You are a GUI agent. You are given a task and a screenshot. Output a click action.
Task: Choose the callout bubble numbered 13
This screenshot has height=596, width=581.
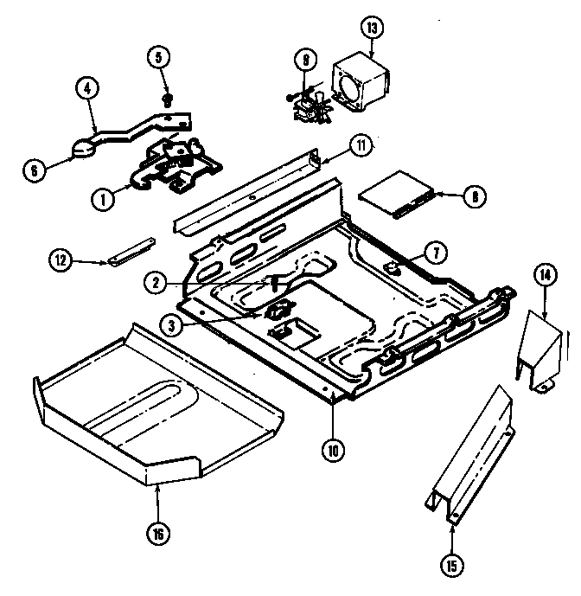coord(373,28)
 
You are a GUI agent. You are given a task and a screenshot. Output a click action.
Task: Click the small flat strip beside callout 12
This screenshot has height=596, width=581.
coord(128,252)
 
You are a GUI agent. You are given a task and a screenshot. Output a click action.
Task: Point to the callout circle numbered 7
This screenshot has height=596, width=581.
coord(436,253)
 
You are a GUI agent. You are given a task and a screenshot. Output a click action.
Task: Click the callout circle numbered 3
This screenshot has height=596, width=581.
coord(172,325)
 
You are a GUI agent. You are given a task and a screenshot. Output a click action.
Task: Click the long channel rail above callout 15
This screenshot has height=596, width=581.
coord(471,458)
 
